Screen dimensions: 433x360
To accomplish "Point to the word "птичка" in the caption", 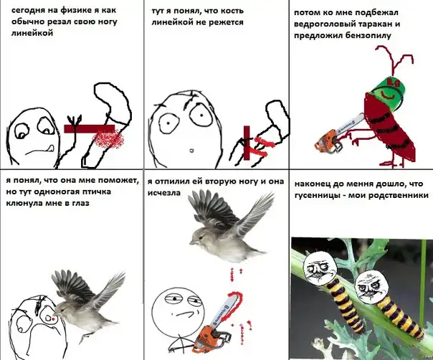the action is [97, 192].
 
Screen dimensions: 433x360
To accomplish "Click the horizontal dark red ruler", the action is [89, 129].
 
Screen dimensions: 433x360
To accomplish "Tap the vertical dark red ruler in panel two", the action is [247, 143].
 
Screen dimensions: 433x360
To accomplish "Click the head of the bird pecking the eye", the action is [62, 309].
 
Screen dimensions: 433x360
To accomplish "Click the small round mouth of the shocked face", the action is [191, 151].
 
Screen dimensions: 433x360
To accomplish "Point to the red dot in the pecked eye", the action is [53, 319].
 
